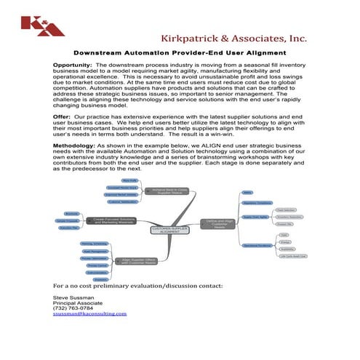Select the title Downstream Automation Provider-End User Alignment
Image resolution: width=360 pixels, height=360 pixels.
click(x=180, y=53)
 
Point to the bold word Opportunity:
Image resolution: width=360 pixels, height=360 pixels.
click(x=71, y=65)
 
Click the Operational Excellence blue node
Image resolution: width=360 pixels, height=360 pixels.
click(x=258, y=245)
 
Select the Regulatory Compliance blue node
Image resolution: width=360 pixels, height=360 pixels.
click(x=258, y=203)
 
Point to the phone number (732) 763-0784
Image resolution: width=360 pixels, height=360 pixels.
click(x=73, y=308)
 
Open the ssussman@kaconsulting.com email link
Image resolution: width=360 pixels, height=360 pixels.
click(x=90, y=314)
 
